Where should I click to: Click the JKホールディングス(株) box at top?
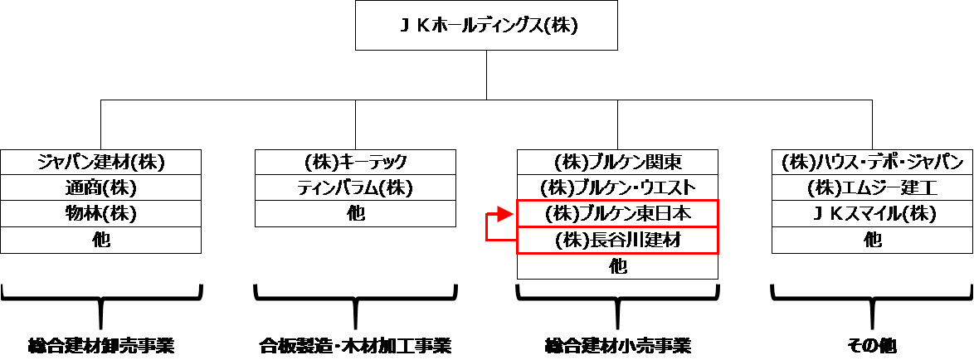[x=486, y=26]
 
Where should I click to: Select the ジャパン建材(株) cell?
[x=101, y=162]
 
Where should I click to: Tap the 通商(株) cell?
[x=101, y=187]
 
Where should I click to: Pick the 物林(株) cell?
[x=101, y=214]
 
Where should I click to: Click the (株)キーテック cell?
[x=355, y=162]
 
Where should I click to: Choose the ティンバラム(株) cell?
[x=355, y=187]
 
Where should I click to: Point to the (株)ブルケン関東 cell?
[x=617, y=162]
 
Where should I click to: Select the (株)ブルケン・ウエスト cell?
[x=617, y=187]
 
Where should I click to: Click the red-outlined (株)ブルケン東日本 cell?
[x=617, y=214]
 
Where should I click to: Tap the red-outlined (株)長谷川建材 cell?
[x=617, y=241]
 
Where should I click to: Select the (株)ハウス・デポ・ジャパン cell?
[x=872, y=162]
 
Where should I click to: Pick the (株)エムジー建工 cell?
[x=872, y=187]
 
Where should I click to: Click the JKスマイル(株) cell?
[x=872, y=214]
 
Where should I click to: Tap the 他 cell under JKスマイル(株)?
[x=872, y=241]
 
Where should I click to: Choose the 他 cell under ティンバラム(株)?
[x=355, y=214]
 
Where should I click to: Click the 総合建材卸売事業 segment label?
[x=101, y=344]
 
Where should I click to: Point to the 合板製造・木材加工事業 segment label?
[x=355, y=344]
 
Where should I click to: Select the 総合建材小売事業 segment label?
[x=617, y=344]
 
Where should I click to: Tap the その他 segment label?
[x=872, y=344]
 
